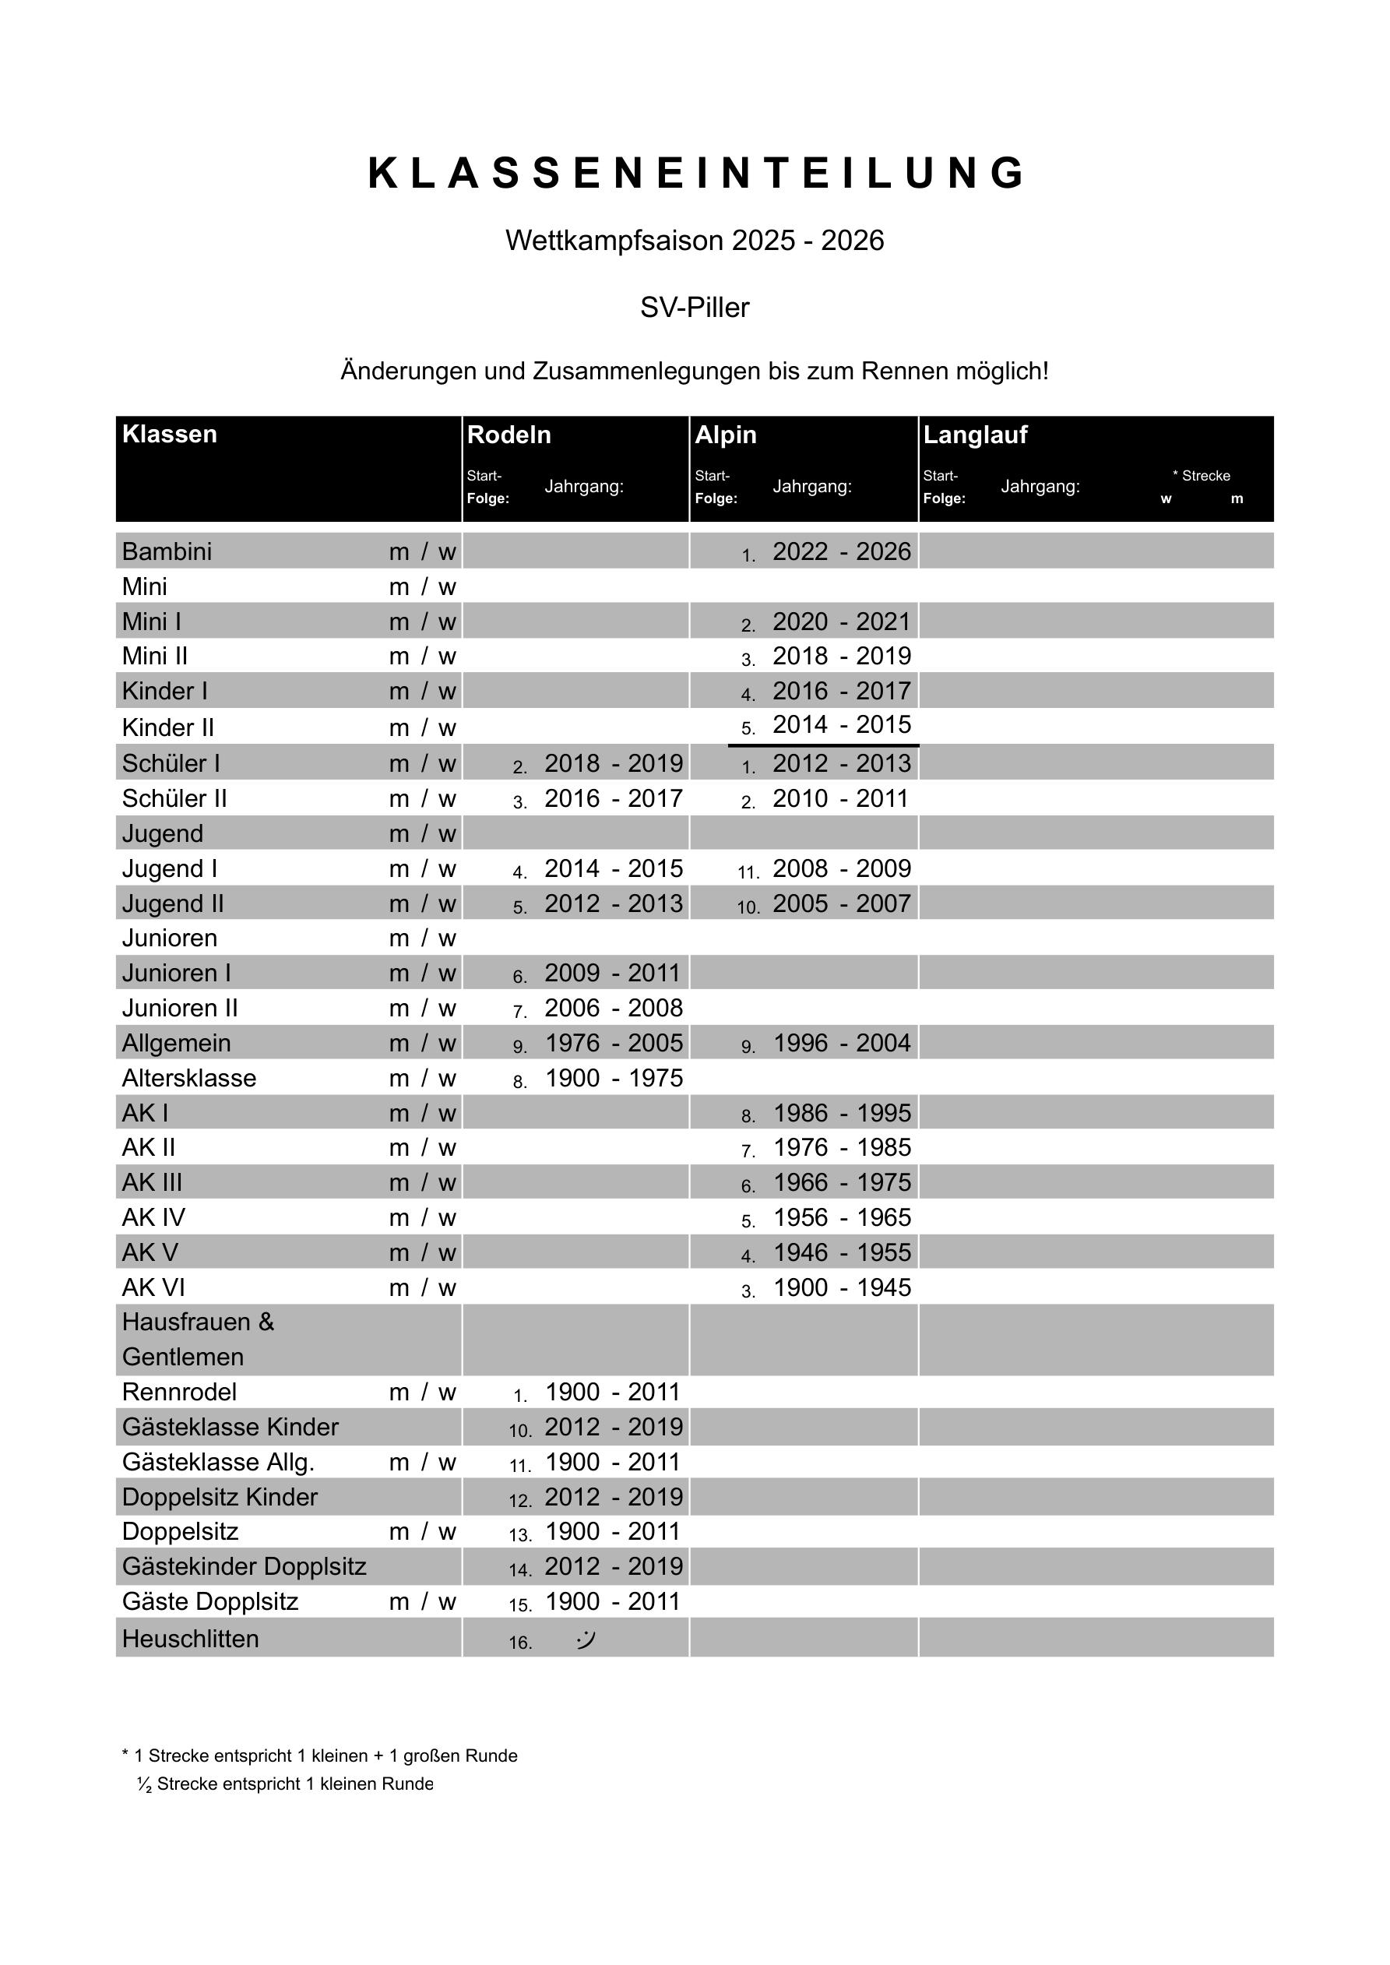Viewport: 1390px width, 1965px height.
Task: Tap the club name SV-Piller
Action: pyautogui.click(x=694, y=307)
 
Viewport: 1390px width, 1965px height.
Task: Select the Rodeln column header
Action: pyautogui.click(x=508, y=435)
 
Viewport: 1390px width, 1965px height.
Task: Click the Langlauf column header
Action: pyautogui.click(x=975, y=435)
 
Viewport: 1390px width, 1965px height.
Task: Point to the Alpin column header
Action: pyautogui.click(x=725, y=435)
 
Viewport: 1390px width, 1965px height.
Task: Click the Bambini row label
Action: pyautogui.click(x=167, y=551)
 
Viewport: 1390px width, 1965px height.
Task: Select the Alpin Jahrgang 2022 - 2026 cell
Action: pyautogui.click(x=841, y=551)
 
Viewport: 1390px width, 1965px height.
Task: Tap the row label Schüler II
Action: pyautogui.click(x=174, y=798)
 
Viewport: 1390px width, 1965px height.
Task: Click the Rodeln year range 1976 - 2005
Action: pyautogui.click(x=614, y=1042)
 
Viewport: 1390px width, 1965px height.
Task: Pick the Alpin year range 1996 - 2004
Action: pyautogui.click(x=841, y=1042)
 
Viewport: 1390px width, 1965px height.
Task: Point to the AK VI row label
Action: pyautogui.click(x=153, y=1287)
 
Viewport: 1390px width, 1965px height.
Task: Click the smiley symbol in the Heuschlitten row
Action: pyautogui.click(x=586, y=1639)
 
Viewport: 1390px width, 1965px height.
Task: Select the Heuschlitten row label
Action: pyautogui.click(x=190, y=1639)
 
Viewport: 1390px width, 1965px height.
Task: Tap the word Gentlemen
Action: pyautogui.click(x=182, y=1357)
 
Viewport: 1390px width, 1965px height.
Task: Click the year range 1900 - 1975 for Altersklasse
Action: pyautogui.click(x=614, y=1077)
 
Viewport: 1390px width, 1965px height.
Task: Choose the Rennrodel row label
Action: pyautogui.click(x=179, y=1392)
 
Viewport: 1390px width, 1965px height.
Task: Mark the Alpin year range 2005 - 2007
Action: pyautogui.click(x=841, y=903)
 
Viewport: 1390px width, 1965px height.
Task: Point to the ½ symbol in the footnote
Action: pyautogui.click(x=144, y=1784)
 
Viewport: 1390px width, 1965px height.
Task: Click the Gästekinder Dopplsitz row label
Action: pyautogui.click(x=244, y=1566)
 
